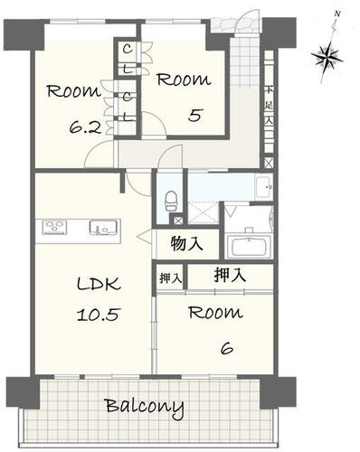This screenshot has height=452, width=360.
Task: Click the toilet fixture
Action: coord(171,202)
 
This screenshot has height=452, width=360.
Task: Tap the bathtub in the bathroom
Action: coord(249,246)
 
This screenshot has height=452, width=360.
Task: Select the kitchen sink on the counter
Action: coord(103,227)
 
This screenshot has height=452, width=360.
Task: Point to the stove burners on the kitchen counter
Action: coord(54,226)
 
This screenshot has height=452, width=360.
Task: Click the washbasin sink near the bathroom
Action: coord(264,187)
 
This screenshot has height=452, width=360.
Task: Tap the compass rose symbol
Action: coord(327,57)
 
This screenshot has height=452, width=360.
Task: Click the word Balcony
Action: coord(145,407)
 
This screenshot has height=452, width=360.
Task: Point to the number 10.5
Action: coord(99,315)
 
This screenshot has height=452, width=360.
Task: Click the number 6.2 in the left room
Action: coord(85,128)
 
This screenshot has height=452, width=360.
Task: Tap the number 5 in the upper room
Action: coord(194,115)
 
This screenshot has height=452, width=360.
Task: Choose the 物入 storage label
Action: coord(186,243)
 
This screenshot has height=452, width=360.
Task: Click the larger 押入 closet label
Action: coord(230,275)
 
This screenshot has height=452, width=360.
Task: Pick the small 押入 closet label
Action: coord(171,278)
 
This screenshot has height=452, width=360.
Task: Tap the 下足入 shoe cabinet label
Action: coord(269,106)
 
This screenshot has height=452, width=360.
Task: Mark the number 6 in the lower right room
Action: coord(227,349)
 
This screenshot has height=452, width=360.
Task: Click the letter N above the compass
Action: coord(337,14)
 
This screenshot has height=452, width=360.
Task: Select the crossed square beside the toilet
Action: coord(178,221)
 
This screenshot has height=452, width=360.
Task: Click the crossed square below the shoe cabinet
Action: coord(269,163)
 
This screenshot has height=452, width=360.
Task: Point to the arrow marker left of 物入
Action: coord(144,236)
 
